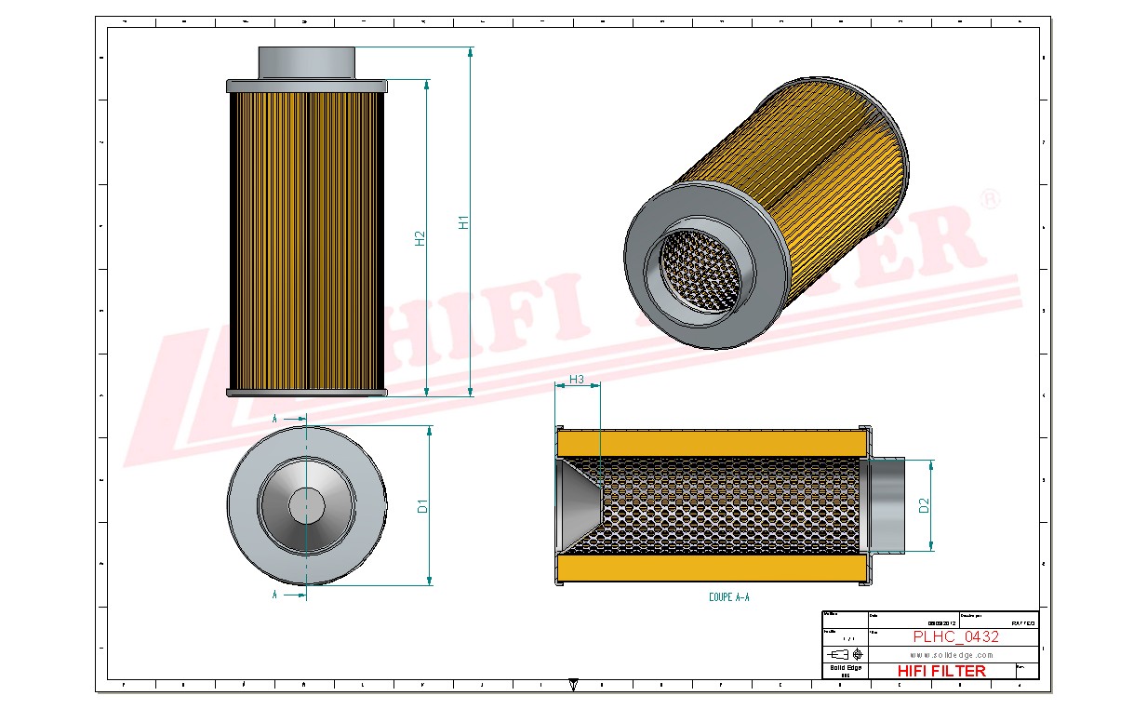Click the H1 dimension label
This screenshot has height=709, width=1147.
tap(463, 222)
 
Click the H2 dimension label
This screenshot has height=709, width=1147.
tap(420, 238)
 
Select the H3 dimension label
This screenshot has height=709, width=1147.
tap(576, 379)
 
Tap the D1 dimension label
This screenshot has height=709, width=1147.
tap(422, 506)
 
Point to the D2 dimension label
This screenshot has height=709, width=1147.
tap(924, 505)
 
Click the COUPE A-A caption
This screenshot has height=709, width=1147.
tap(728, 597)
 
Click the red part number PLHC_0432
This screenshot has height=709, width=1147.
tap(955, 637)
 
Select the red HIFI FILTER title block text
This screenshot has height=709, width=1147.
tap(941, 671)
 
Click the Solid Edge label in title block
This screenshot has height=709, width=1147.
tap(846, 667)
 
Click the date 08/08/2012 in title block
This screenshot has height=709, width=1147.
tap(941, 623)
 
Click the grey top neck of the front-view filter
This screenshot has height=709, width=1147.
tap(306, 63)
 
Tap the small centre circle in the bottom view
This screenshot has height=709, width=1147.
tap(306, 506)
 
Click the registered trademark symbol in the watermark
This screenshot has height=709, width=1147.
tap(992, 199)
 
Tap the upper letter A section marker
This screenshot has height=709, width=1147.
tap(274, 420)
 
